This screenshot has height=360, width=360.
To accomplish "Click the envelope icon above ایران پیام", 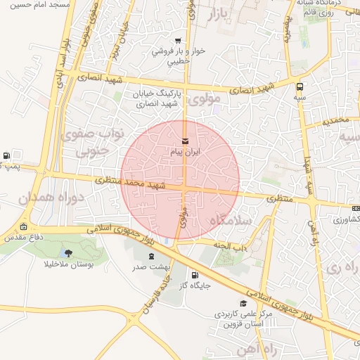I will click(185, 143).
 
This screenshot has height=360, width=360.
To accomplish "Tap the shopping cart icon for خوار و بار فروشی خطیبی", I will click(178, 40).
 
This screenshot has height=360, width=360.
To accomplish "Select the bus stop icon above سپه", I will click(301, 88).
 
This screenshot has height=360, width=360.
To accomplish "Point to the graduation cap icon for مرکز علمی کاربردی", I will click(243, 304).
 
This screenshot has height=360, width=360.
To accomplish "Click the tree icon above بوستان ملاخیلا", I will click(67, 253).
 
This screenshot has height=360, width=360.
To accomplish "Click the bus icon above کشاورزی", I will click(355, 209).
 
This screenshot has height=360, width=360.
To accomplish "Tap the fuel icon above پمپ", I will click(6, 155).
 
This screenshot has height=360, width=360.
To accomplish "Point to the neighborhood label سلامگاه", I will click(231, 221).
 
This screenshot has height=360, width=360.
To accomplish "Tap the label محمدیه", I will click(335, 121).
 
